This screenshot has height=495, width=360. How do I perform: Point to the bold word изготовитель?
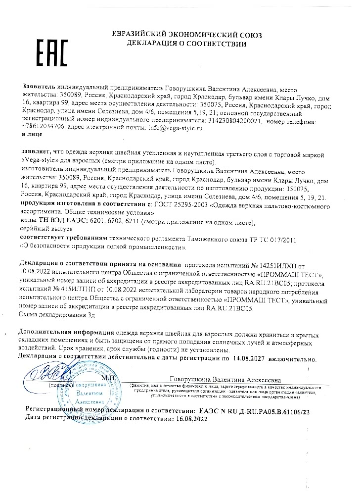(x=46, y=169)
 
